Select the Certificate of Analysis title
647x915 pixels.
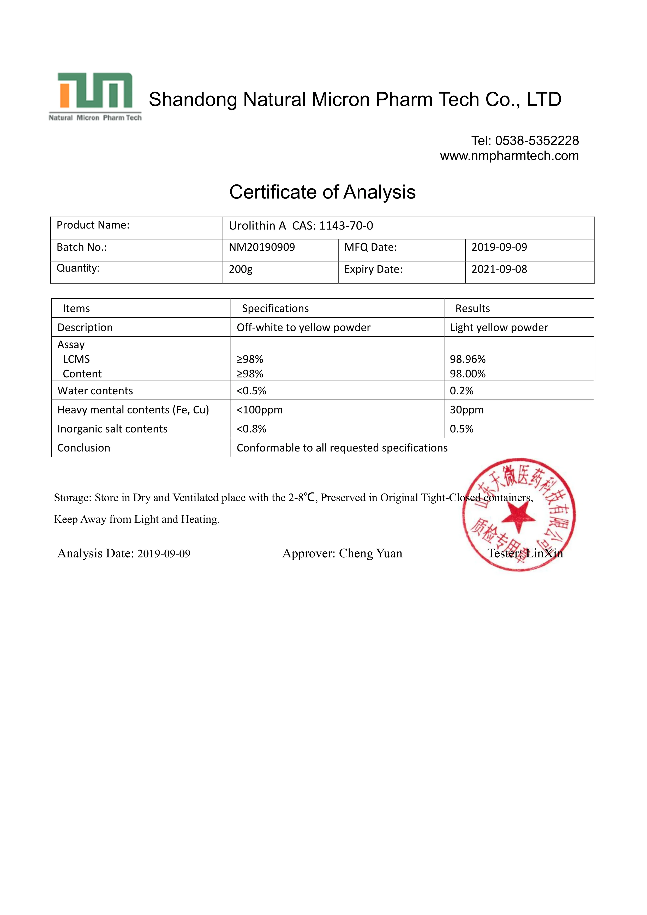coord(322,192)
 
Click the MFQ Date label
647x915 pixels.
coord(370,248)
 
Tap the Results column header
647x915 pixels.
coord(472,309)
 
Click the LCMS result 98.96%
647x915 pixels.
coord(468,359)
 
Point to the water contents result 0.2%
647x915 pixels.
coord(462,391)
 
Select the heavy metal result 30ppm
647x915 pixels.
coord(467,410)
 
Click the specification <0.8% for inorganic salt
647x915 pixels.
coord(251,429)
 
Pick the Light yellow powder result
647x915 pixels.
coord(499,328)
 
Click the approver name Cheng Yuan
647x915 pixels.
coord(370,553)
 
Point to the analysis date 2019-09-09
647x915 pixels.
coord(164,554)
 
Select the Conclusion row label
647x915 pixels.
coord(84,448)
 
